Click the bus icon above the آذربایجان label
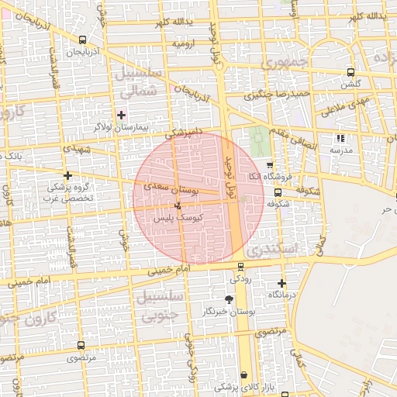[83, 40]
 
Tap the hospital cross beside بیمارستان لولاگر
[120, 115]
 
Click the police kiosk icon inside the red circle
[180, 206]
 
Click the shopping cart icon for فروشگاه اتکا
[269, 165]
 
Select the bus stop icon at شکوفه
[278, 192]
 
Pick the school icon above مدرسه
[339, 138]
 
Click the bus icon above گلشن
[350, 72]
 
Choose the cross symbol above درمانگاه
[281, 284]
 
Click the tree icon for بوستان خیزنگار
[229, 299]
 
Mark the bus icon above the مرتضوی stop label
[81, 345]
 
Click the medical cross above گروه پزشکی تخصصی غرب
[68, 175]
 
